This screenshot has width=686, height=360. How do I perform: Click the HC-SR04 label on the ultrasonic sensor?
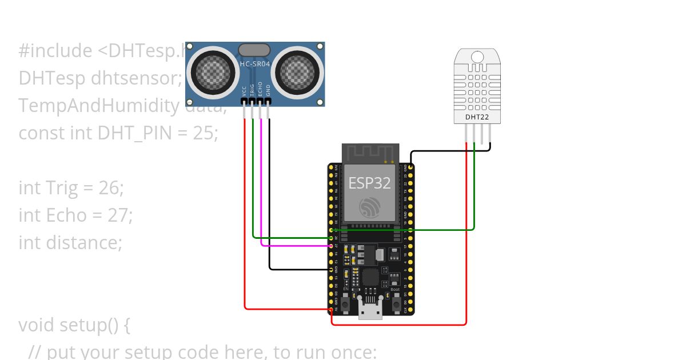(x=255, y=65)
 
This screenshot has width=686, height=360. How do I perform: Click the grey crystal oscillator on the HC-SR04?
(x=254, y=50)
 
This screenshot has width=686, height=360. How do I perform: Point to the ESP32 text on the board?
(x=370, y=183)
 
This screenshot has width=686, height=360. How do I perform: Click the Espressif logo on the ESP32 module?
(x=370, y=207)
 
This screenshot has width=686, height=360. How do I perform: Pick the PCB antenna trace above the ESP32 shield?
(x=370, y=153)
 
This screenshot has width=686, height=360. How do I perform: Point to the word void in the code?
(x=38, y=325)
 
